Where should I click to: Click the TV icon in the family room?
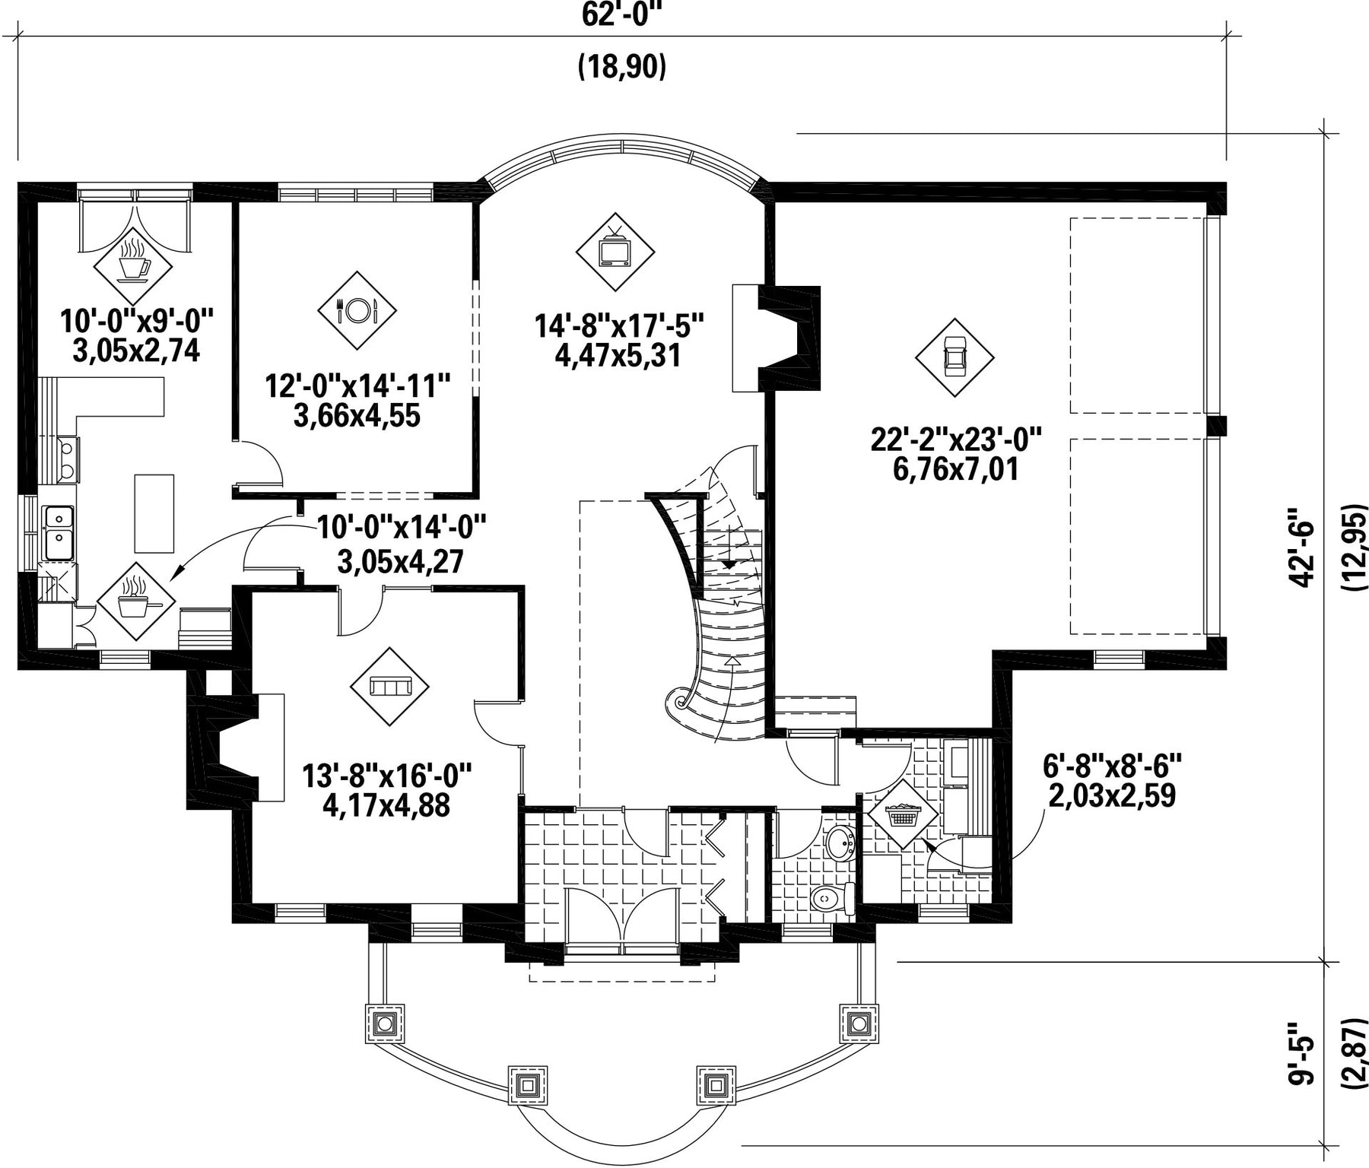pyautogui.click(x=615, y=252)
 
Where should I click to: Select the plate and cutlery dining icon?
pyautogui.click(x=357, y=310)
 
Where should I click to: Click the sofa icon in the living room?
pyautogui.click(x=389, y=687)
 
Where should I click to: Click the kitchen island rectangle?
pyautogui.click(x=154, y=513)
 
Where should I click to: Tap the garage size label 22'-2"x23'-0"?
pyautogui.click(x=956, y=439)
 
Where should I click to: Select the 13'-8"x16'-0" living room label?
pyautogui.click(x=387, y=776)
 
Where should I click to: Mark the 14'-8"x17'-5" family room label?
pyautogui.click(x=619, y=327)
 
